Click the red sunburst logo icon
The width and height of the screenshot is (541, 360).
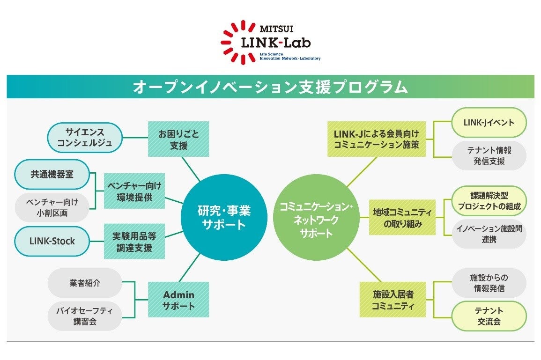pos(237,42)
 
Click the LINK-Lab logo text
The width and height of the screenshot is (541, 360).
pos(276,43)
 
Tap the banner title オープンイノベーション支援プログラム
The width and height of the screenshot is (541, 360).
pos(270,87)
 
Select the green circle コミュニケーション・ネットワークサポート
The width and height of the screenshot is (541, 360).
pos(316,217)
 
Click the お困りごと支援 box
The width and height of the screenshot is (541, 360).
pos(178,139)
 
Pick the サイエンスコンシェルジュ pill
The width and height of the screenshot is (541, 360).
pos(85,138)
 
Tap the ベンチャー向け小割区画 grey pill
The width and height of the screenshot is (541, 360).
pos(52,207)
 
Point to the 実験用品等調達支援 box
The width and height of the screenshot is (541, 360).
pos(134,242)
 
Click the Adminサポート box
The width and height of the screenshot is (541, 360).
pos(178,300)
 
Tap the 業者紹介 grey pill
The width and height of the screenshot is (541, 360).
pos(85,283)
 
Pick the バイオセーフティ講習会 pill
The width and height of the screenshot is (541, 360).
pos(85,316)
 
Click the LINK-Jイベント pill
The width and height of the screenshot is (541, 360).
pos(489,123)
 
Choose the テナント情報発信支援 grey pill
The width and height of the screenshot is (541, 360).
pos(489,155)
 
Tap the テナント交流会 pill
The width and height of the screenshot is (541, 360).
pos(489,316)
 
